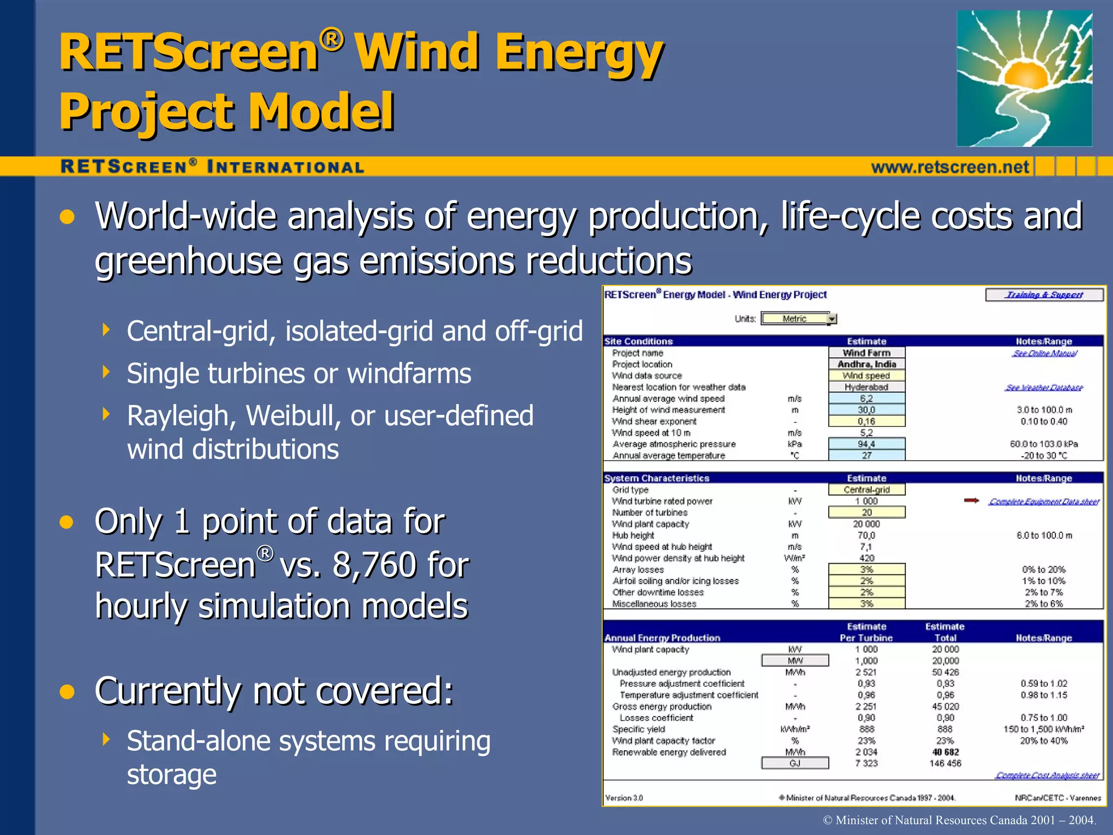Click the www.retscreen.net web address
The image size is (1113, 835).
pos(950,167)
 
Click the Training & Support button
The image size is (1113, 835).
pos(1044,295)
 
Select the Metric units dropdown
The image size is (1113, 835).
pos(798,319)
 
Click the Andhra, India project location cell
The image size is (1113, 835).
pos(866,364)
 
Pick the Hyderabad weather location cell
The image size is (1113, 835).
pos(866,387)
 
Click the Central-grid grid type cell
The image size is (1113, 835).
pos(866,490)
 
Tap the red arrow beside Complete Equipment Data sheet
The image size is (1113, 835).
pos(971,501)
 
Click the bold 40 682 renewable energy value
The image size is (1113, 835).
pos(945,752)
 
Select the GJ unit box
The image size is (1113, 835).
pos(795,763)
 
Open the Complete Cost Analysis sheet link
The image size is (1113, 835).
pos(1047,775)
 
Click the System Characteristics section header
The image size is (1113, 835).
pos(656,478)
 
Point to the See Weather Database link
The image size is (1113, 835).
pos(1043,388)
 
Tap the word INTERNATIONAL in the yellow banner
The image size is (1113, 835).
pos(286,167)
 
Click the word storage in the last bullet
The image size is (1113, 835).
pos(172,774)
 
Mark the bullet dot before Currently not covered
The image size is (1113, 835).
pos(67,691)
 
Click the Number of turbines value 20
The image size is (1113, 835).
pos(866,512)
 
